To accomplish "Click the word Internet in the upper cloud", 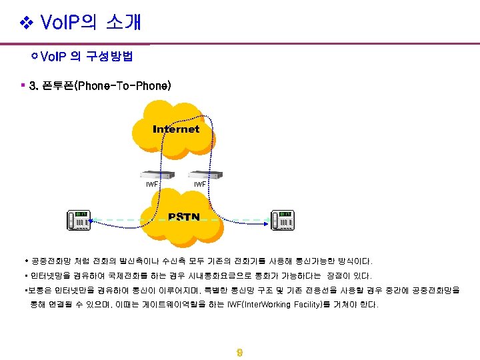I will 176,129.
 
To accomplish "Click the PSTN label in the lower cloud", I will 184,217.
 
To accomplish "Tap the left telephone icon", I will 79,220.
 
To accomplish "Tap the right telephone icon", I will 283,220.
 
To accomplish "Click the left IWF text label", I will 152,184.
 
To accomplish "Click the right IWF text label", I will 199,184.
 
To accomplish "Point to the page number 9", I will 239,353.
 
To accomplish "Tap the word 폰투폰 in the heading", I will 56,86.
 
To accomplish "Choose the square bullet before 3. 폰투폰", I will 23,85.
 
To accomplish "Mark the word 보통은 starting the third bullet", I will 38,291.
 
